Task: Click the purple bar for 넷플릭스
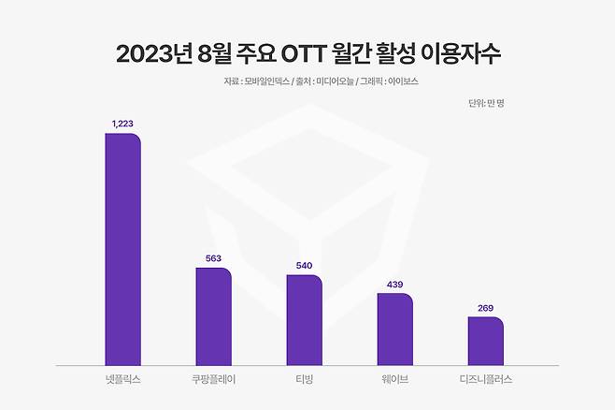tap(122, 249)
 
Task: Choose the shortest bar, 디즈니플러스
tap(486, 342)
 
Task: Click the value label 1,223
tap(123, 124)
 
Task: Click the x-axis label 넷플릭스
tap(122, 380)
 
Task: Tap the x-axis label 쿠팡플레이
tap(213, 380)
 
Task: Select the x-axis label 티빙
tap(305, 380)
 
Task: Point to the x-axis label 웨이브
tap(395, 380)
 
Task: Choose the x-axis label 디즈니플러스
tap(486, 380)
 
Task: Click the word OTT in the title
tap(321, 53)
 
